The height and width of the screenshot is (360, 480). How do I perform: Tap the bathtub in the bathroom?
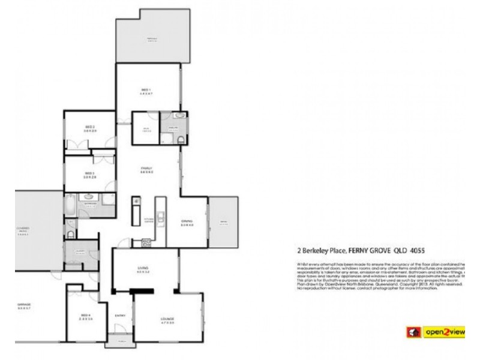pos(70,205)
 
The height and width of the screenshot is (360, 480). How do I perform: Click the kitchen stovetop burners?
pos(144,242)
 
